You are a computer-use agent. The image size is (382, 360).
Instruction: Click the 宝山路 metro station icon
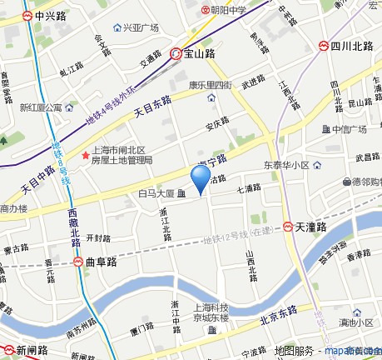click(176, 54)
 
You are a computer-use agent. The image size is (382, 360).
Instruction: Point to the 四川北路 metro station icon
click(324, 45)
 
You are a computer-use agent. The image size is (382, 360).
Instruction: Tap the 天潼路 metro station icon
click(287, 226)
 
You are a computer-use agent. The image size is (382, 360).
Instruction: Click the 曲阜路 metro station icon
click(77, 261)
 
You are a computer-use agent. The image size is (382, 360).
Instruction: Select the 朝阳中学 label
click(230, 10)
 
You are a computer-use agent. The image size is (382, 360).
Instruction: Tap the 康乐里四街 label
click(208, 84)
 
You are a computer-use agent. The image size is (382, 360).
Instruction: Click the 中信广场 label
click(350, 129)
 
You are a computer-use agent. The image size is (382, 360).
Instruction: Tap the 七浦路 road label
click(249, 188)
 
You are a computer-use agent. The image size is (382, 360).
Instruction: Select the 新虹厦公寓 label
click(42, 107)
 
